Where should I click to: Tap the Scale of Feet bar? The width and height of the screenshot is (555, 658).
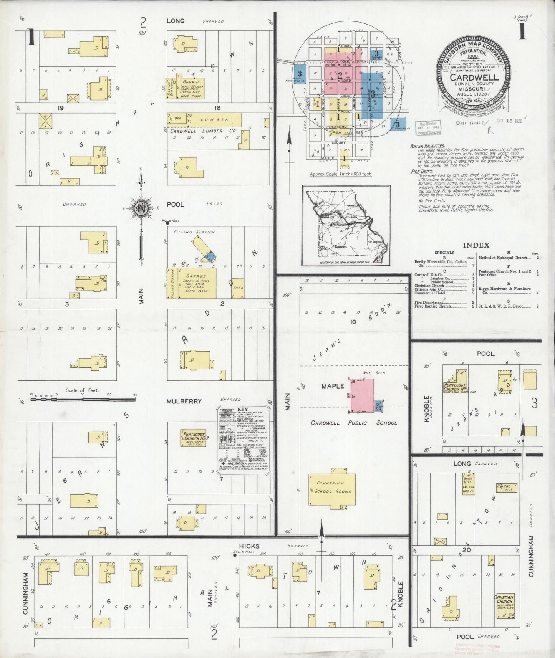coord(83,399)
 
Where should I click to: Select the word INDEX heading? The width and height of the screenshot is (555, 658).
coord(476,245)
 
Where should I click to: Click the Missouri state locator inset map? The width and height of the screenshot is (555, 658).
coord(346,225)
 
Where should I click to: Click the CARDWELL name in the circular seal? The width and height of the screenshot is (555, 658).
coord(475,78)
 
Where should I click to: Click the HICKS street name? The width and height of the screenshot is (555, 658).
coord(249,546)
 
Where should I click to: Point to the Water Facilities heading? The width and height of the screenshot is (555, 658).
coord(427,146)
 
